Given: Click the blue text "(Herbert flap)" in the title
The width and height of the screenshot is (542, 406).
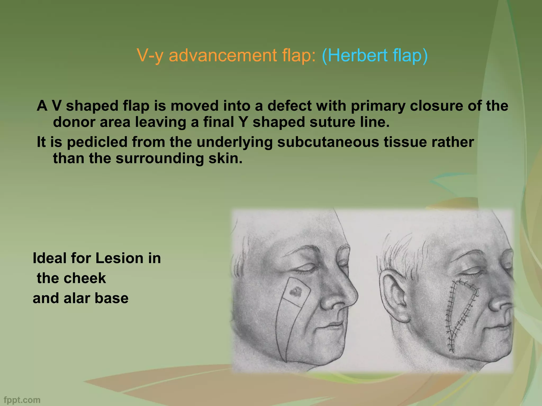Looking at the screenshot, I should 374,56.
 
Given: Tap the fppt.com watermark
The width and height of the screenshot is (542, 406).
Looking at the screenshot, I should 22,400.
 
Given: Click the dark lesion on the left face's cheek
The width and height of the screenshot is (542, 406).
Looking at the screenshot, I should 296,292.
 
